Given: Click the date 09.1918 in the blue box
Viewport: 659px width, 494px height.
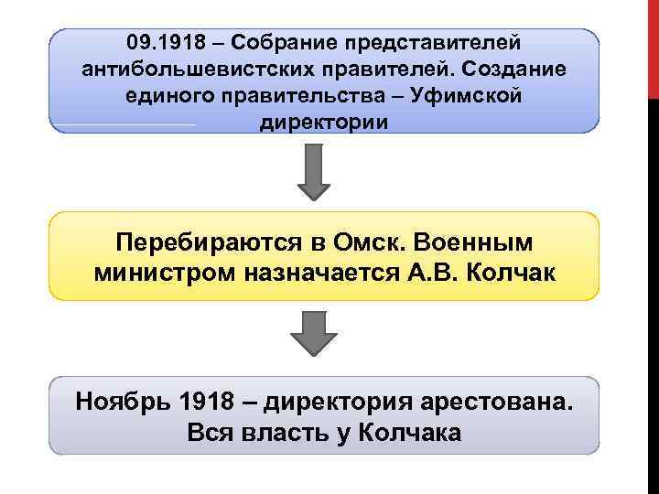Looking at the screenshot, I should click(157, 43).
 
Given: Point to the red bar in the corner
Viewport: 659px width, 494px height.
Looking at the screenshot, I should click(653, 46).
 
